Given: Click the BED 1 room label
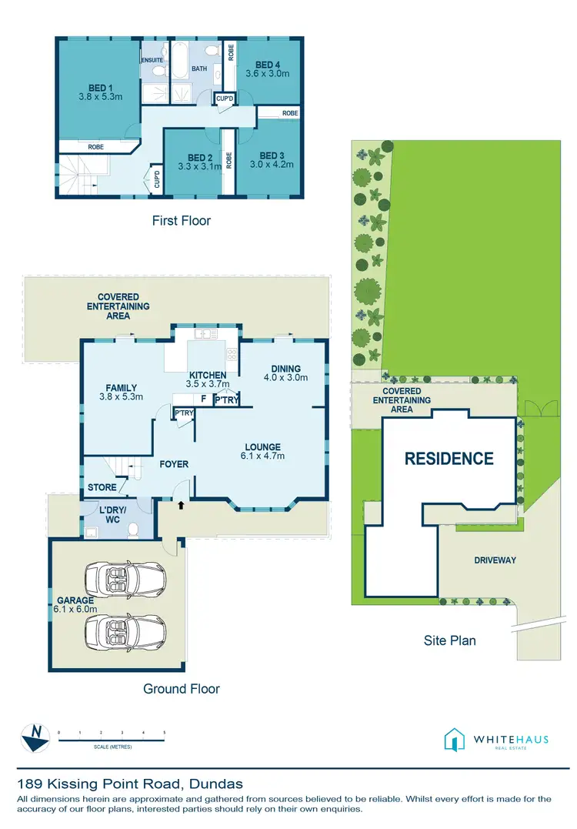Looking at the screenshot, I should pos(95,88).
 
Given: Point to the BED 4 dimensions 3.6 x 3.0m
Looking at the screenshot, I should pos(267,74).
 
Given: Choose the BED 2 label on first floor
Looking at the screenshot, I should pos(199,158).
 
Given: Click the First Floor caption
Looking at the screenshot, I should pos(182,221).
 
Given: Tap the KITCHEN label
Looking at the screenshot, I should pos(208,375).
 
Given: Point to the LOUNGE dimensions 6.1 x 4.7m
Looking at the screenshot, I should pos(262,456).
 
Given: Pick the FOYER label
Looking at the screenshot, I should pos(174,464).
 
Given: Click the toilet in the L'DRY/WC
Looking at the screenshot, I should pos(134,530).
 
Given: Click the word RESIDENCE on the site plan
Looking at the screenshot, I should pos(449,459).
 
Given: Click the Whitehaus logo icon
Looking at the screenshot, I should pos(455,740).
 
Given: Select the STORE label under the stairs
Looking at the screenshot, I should pos(102,487).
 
